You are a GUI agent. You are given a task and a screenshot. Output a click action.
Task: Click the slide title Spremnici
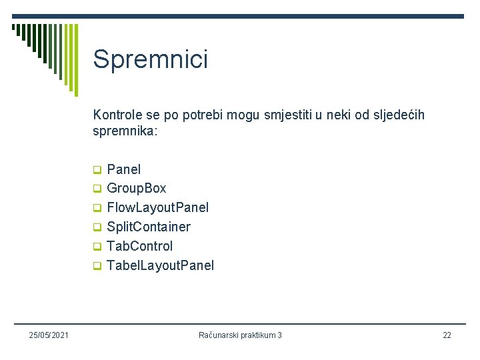(x=151, y=59)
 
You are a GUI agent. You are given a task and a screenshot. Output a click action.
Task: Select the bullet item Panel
(x=124, y=169)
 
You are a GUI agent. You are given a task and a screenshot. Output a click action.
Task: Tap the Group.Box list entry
(x=137, y=189)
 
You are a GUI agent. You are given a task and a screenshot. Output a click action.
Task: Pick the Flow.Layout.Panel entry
(x=158, y=208)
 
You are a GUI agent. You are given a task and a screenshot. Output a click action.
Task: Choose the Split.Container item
(x=149, y=227)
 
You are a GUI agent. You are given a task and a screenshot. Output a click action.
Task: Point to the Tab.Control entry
(x=140, y=246)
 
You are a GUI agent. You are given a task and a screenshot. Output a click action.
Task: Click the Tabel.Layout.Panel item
(x=161, y=265)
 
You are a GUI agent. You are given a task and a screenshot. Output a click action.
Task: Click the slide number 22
(x=447, y=335)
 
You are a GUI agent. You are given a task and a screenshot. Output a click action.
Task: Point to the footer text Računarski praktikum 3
(x=240, y=335)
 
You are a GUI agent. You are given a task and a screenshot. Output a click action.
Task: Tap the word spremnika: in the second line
(x=125, y=131)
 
